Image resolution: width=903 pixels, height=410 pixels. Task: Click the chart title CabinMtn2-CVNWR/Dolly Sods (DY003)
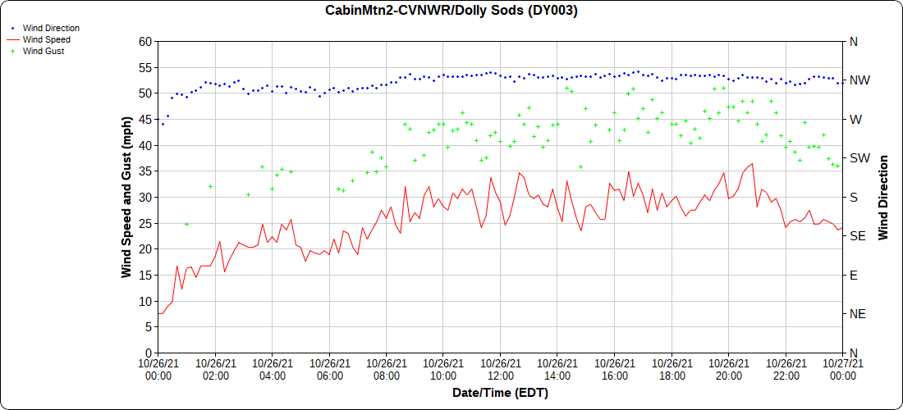pyautogui.click(x=451, y=11)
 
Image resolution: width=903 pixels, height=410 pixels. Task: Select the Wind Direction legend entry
pyautogui.click(x=51, y=28)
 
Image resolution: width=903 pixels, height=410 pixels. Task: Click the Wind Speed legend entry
pyautogui.click(x=46, y=39)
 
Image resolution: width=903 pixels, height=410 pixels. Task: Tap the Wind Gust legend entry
pyautogui.click(x=44, y=51)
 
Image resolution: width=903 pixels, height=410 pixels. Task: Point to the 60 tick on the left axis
pyautogui.click(x=145, y=42)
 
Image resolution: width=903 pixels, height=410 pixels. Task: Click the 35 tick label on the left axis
pyautogui.click(x=145, y=171)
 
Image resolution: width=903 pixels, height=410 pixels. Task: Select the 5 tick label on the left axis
pyautogui.click(x=149, y=327)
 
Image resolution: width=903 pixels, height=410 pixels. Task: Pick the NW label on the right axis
pyautogui.click(x=859, y=80)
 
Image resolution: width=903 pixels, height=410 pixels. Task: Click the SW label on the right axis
pyautogui.click(x=859, y=158)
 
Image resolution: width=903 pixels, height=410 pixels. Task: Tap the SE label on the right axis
pyautogui.click(x=857, y=236)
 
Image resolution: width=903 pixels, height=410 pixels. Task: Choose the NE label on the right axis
pyautogui.click(x=857, y=314)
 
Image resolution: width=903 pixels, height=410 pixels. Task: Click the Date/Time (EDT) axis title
pyautogui.click(x=500, y=393)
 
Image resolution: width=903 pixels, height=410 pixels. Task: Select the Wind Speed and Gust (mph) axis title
pyautogui.click(x=126, y=197)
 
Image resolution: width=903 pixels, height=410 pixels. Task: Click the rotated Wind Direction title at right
pyautogui.click(x=884, y=197)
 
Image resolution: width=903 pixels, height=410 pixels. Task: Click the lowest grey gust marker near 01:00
pyautogui.click(x=186, y=224)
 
